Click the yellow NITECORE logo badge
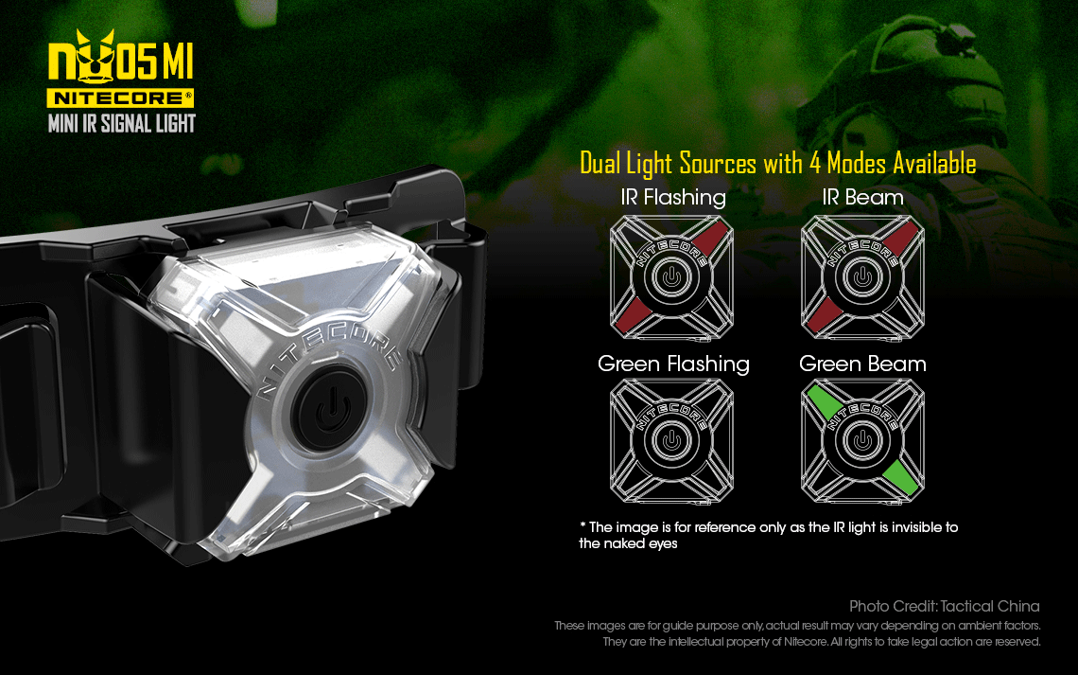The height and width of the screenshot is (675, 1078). (x=120, y=98)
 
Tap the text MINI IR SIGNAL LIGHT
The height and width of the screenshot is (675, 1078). (x=122, y=124)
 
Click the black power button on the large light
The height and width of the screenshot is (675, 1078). (x=330, y=409)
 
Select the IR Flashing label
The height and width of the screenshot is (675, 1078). (x=673, y=198)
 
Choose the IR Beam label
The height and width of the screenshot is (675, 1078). (x=862, y=198)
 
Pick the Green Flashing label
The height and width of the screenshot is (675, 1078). (x=673, y=364)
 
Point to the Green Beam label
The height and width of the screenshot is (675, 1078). (x=862, y=364)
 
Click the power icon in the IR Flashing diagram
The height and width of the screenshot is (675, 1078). (x=672, y=277)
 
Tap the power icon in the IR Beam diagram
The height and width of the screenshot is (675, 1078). (x=862, y=277)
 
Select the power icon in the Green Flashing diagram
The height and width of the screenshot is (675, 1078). (x=672, y=440)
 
